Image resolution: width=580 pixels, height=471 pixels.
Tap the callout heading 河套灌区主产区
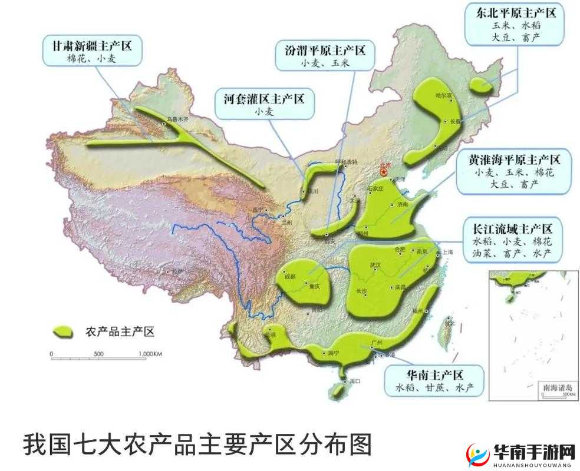(x=264, y=98)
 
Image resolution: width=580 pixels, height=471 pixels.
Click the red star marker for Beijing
(x=384, y=171)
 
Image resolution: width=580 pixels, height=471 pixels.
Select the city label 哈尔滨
(x=443, y=95)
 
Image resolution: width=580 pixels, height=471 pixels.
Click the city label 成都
(x=289, y=276)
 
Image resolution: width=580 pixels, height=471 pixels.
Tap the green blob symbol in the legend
(x=65, y=331)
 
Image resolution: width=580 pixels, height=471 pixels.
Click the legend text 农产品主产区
(x=120, y=332)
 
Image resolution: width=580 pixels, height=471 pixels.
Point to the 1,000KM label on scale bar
(x=150, y=354)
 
